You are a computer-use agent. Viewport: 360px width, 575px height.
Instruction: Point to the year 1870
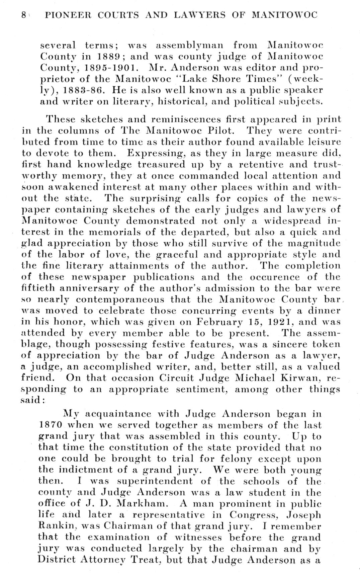tap(51, 425)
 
